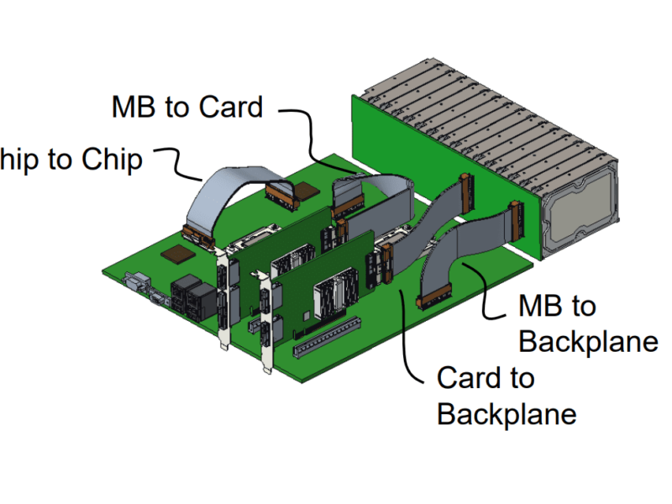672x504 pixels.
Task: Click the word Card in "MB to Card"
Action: pyautogui.click(x=230, y=107)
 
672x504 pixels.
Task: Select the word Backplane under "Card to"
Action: pyautogui.click(x=507, y=413)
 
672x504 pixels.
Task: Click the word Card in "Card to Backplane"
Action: pyautogui.click(x=473, y=378)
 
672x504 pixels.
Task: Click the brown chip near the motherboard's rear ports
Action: pyautogui.click(x=178, y=254)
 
